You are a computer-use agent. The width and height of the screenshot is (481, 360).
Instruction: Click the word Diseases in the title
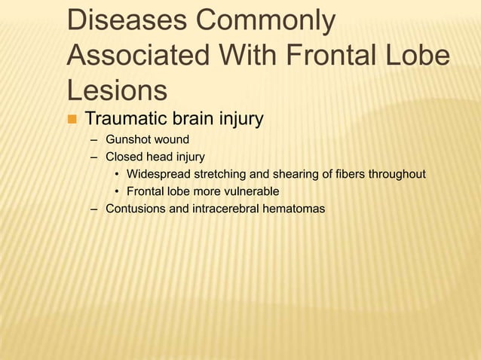point(130,20)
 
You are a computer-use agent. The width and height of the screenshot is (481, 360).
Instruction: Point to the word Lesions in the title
point(117,90)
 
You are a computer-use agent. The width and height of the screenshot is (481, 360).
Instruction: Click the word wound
point(173,140)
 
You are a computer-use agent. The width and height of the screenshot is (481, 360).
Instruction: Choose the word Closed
point(124,157)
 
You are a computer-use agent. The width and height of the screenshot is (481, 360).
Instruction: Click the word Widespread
point(160,175)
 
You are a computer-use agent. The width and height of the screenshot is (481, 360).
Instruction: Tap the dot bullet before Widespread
point(118,175)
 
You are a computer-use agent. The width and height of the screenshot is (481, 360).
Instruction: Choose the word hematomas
point(297,209)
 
